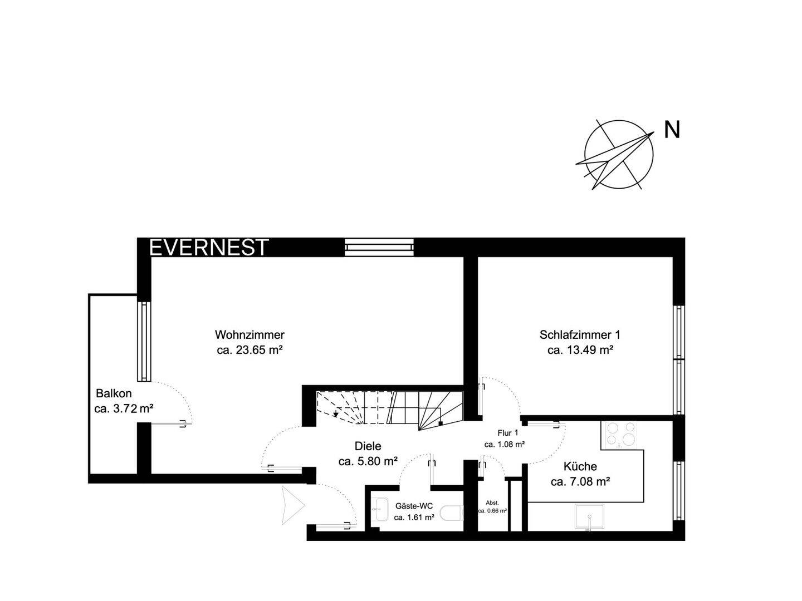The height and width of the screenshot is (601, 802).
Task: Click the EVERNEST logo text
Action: [x=209, y=247]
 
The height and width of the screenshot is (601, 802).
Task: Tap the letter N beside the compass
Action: [x=672, y=130]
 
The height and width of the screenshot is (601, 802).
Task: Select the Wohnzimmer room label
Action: [x=250, y=334]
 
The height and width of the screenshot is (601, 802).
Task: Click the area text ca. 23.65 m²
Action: [x=250, y=350]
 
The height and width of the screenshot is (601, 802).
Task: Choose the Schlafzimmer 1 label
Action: [x=580, y=334]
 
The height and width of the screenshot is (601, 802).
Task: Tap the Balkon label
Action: [x=114, y=393]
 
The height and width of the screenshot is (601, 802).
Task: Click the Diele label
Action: [x=368, y=446]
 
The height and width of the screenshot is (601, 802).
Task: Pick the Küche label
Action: [x=580, y=466]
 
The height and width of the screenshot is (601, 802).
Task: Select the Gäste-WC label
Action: [x=414, y=506]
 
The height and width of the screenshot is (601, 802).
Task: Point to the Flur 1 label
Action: [x=507, y=433]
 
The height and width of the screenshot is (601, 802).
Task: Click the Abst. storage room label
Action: [x=492, y=503]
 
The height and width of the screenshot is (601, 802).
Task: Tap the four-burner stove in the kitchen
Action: [x=621, y=435]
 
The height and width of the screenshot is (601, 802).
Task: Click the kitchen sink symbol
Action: [x=589, y=516]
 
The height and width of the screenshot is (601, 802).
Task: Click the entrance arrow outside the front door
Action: [x=292, y=505]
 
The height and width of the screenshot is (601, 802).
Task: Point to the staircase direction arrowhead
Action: [x=336, y=414]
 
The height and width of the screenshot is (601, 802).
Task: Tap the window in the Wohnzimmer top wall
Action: [x=379, y=247]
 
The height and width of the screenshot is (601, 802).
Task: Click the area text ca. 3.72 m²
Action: [x=124, y=408]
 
